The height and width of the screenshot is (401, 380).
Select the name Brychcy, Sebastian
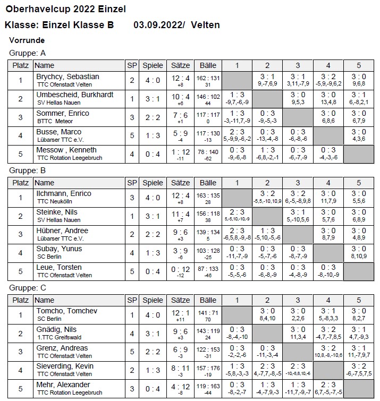[67, 76]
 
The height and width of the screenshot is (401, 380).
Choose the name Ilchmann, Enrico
[63, 193]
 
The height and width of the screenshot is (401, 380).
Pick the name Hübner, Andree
[62, 231]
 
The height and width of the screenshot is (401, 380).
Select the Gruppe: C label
[28, 288]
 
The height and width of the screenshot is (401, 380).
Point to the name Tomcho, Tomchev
[64, 311]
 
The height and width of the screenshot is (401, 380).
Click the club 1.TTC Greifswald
[58, 337]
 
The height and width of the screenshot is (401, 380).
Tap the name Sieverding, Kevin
[65, 366]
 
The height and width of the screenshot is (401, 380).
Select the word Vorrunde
[27, 40]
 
